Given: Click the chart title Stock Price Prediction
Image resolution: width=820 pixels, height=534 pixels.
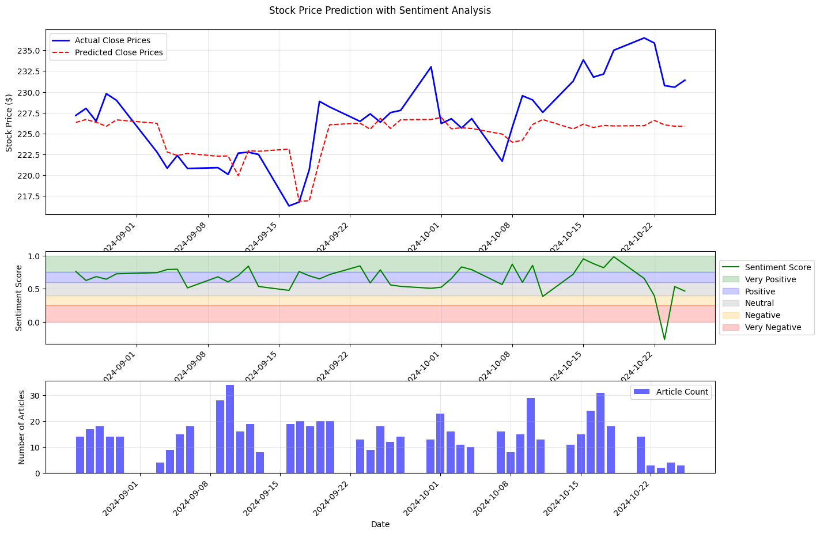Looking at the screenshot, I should [380, 10].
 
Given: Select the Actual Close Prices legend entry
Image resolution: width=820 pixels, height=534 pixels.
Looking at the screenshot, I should [112, 40].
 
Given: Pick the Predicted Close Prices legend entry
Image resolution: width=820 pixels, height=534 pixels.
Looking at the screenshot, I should [119, 52].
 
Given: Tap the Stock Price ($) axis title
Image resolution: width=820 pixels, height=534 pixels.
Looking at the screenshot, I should [9, 122].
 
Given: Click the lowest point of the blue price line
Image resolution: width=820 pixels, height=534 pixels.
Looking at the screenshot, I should [289, 206].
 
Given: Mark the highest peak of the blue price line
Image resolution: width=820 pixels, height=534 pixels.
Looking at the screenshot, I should [644, 38].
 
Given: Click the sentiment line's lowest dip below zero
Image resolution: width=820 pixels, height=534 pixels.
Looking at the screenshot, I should [664, 339].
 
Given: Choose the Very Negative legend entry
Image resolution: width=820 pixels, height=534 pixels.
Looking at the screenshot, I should [773, 327].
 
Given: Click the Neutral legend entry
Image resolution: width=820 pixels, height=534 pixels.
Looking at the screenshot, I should [759, 303].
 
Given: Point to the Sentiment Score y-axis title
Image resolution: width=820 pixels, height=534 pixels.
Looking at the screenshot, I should [19, 298].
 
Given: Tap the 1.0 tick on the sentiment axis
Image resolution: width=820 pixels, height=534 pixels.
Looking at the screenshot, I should [33, 256].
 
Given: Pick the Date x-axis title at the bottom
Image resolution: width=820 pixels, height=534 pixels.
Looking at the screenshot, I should [380, 524].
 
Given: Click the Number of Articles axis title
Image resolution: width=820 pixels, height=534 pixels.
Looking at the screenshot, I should [22, 427].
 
